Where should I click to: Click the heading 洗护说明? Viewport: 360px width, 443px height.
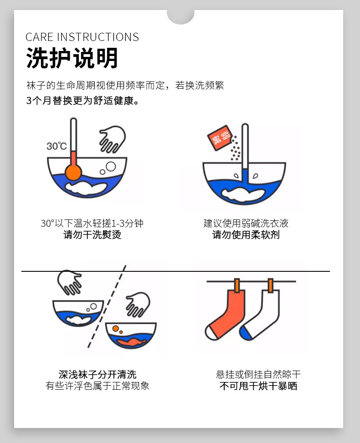point(72,58)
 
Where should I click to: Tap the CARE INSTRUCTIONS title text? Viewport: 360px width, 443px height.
point(82,37)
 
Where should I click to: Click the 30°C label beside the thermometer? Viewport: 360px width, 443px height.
point(57,146)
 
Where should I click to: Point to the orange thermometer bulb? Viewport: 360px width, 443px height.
point(73,172)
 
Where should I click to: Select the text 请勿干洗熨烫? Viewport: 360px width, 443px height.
point(92,235)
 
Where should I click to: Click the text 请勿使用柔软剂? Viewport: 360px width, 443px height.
point(246,235)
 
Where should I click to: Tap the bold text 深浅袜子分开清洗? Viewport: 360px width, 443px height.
point(98,375)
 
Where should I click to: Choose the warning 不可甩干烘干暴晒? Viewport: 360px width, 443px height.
point(258,386)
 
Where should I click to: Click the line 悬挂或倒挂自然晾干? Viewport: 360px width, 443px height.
point(258,375)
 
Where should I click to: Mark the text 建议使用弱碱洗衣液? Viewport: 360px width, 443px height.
point(246,223)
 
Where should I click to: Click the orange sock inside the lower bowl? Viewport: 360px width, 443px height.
point(131,341)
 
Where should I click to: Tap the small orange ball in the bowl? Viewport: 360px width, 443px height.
point(116,328)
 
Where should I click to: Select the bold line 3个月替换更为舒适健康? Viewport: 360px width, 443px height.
point(82,101)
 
